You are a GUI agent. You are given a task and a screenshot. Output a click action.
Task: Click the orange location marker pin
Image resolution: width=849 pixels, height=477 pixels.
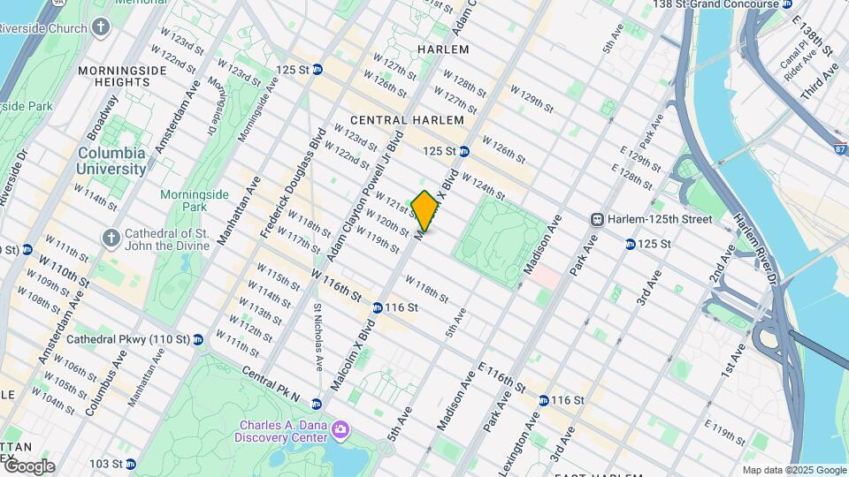click(425, 210)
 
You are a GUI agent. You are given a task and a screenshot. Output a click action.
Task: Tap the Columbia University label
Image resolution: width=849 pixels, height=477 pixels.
click(111, 161)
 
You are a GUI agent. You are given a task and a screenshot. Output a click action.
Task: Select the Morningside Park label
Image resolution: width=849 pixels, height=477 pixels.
click(184, 201)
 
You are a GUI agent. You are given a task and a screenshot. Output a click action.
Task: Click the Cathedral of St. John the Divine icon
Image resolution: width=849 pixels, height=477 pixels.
click(111, 238)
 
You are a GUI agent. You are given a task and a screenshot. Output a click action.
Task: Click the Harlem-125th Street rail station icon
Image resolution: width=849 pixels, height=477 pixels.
click(598, 219)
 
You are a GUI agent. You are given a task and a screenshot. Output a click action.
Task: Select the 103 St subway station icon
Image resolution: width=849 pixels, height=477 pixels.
click(130, 464)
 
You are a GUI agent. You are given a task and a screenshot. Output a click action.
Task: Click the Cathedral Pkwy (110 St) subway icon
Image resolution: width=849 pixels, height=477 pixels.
click(198, 339)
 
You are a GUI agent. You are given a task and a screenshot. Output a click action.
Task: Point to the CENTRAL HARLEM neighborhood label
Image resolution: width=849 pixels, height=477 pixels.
click(407, 120)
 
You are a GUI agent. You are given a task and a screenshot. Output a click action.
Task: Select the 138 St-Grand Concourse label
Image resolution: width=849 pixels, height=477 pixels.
click(716, 5)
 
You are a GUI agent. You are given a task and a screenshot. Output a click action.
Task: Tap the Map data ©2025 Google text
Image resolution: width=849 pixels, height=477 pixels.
click(793, 470)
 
